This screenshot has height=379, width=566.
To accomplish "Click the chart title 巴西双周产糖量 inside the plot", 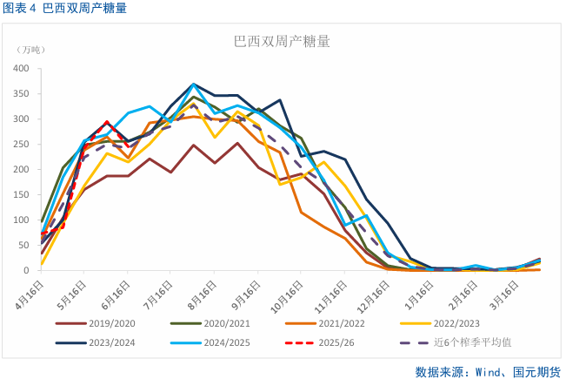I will click(x=282, y=41).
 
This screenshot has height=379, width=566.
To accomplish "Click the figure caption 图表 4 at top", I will click(x=20, y=10).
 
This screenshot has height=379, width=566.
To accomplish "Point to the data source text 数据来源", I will click(x=440, y=370).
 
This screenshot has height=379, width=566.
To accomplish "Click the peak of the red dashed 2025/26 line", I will click(x=107, y=122).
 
